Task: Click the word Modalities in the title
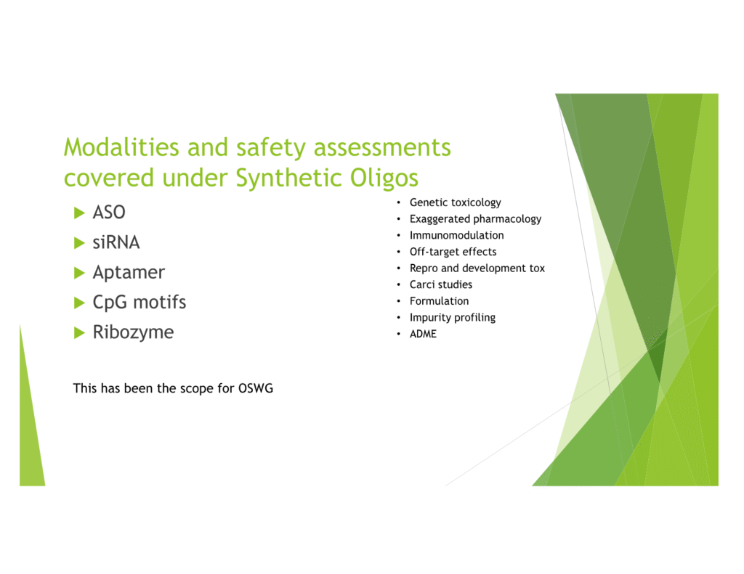(121, 147)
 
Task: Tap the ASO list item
(109, 213)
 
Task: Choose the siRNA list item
(116, 242)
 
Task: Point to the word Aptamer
(129, 273)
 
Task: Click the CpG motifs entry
(139, 303)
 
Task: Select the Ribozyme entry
(134, 332)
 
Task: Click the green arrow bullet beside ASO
(79, 213)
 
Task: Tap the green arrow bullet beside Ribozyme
(79, 333)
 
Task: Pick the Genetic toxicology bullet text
(456, 203)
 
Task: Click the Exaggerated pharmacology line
(475, 219)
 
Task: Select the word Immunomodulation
(457, 235)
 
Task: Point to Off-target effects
(453, 252)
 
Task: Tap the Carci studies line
(441, 284)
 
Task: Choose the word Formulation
(440, 301)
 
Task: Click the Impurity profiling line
(453, 318)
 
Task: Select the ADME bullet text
(424, 334)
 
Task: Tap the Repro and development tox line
(477, 268)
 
